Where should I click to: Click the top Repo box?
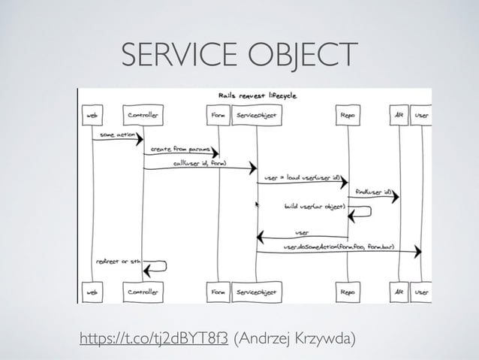click(348, 116)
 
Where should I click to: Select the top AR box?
click(399, 116)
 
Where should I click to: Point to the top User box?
click(421, 116)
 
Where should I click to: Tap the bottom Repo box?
click(348, 289)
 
